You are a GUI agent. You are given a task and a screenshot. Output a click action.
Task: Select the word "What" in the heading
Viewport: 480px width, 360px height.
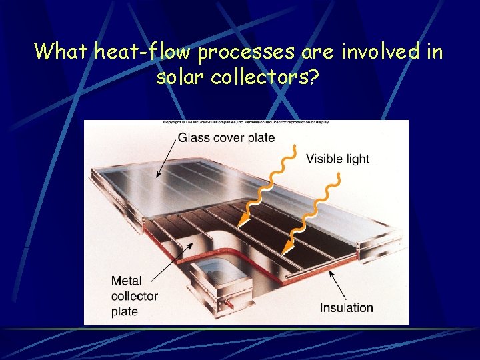(x=61, y=51)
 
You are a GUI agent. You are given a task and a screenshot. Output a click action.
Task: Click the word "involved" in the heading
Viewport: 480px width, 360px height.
(x=373, y=51)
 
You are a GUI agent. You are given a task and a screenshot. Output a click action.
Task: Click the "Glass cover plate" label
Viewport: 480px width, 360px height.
(x=226, y=137)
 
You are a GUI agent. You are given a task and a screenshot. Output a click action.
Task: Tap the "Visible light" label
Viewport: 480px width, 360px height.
(x=337, y=158)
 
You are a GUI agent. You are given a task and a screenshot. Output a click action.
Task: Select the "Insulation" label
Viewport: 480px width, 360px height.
(x=346, y=307)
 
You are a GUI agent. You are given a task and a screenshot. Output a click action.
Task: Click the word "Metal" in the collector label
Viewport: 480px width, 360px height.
(x=127, y=281)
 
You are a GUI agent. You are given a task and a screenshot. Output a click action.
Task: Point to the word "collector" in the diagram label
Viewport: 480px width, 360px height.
(x=135, y=296)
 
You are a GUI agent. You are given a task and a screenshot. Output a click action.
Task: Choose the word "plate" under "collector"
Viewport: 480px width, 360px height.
(x=125, y=311)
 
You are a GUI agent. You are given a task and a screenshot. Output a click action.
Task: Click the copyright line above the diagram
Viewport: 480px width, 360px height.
(x=246, y=122)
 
